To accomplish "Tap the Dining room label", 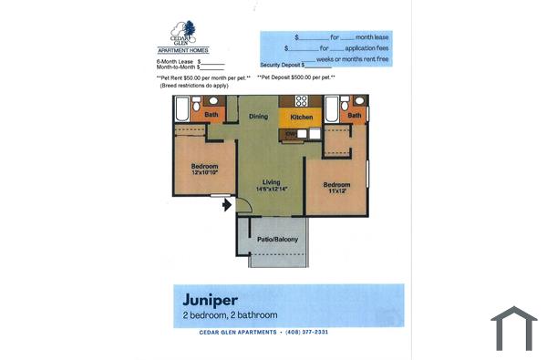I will point(259,117).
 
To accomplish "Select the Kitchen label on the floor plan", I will point(302,118).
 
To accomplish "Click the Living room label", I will point(271,181).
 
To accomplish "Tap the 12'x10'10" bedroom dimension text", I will point(204,171).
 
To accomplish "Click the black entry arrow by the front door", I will point(225,204).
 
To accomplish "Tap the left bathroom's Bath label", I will point(211,115).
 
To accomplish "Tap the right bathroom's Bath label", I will point(354,115).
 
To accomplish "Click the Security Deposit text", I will point(280,65).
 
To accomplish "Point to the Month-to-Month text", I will point(176,67).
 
